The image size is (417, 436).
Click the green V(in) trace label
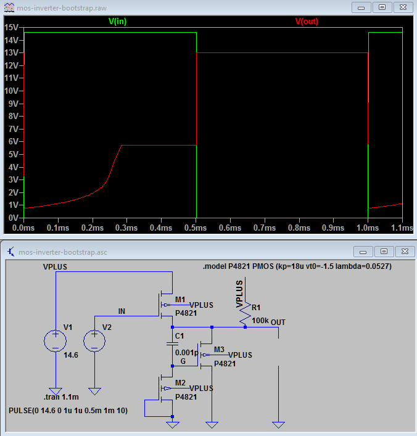[x=117, y=22]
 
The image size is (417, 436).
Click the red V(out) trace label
[x=307, y=22]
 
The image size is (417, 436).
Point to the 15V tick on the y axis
[x=11, y=27]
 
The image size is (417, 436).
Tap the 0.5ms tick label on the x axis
[x=196, y=228]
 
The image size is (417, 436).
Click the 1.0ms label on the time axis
[x=368, y=228]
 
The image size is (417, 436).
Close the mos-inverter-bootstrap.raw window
[x=403, y=7]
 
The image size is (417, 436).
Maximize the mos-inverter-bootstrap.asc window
[x=384, y=252]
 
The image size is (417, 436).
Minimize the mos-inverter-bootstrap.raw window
[x=361, y=7]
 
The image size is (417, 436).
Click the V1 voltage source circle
[x=56, y=341]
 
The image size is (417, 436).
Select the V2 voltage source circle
[x=94, y=341]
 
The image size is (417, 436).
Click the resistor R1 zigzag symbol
[x=246, y=315]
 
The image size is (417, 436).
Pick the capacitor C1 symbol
[x=173, y=344]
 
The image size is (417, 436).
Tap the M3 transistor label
[x=219, y=350]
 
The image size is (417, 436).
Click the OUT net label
[x=278, y=323]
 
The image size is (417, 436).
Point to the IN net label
[x=122, y=311]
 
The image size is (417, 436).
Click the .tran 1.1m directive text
[x=61, y=397]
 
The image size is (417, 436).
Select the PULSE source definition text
[x=68, y=411]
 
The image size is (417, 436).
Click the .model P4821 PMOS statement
[x=297, y=266]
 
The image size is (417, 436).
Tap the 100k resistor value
[x=260, y=321]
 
